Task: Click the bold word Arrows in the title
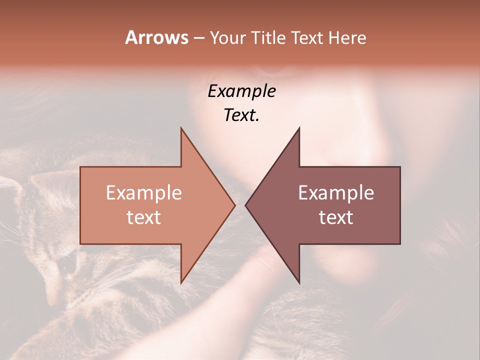(x=156, y=37)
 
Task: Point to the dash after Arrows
(x=198, y=38)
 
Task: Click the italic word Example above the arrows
(x=241, y=91)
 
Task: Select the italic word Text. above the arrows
(x=241, y=115)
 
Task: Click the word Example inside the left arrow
(x=144, y=193)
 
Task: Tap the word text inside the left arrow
(x=144, y=217)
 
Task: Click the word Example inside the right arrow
(x=336, y=193)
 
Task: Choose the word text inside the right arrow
(x=336, y=217)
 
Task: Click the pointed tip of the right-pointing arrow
(x=234, y=205)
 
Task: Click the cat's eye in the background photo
(x=66, y=263)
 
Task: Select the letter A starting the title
(x=131, y=37)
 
